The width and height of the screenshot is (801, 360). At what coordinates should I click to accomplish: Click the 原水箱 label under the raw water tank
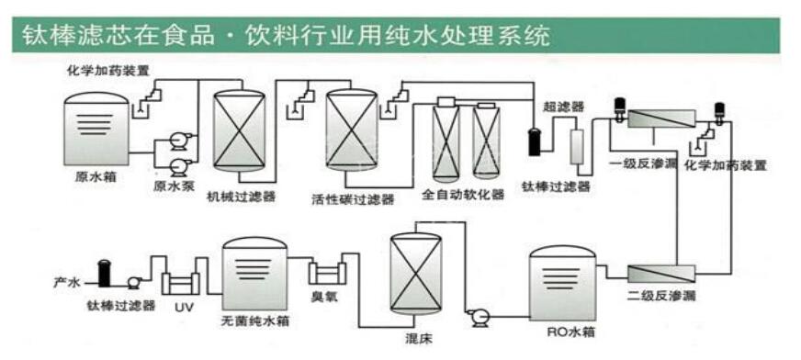click(93, 175)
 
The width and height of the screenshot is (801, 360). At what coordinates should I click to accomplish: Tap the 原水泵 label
click(174, 186)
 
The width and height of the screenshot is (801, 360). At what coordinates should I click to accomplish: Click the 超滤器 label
click(563, 107)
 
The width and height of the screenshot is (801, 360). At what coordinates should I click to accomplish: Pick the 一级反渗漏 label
click(640, 163)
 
